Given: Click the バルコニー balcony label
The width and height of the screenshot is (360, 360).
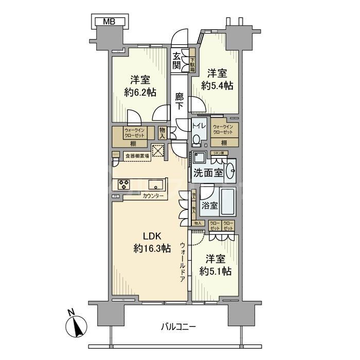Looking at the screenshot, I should (x=178, y=327).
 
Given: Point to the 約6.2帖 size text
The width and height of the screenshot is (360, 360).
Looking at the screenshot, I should (x=140, y=93).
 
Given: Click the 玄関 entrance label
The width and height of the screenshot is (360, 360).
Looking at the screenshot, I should (x=177, y=60).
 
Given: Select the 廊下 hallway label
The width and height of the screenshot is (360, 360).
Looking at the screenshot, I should (x=179, y=101).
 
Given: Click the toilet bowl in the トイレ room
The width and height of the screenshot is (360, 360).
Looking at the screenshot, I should (x=197, y=139).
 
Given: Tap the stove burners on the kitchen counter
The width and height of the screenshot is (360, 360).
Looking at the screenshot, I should (x=124, y=184).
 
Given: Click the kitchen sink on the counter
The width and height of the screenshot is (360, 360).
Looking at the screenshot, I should (x=156, y=184).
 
